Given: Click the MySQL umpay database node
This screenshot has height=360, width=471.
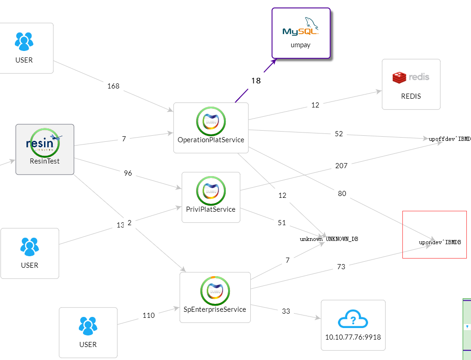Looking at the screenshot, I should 300,33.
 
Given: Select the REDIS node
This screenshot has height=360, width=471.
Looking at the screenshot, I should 411,84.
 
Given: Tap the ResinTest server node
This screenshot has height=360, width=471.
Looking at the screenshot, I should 45,149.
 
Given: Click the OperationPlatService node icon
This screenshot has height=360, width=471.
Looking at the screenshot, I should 211,121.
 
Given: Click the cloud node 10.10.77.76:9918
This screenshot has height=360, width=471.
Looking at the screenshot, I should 353,325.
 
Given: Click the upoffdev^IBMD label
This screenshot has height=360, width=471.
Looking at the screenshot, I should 449,139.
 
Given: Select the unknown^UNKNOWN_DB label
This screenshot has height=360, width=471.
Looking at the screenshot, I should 329,239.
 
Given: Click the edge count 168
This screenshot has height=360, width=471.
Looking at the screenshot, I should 113,86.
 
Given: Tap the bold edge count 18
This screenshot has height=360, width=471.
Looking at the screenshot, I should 256,81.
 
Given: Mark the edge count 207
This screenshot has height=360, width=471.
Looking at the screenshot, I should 341,165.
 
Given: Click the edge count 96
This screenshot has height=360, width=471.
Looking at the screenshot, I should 128,173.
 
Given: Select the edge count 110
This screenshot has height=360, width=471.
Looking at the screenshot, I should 148,316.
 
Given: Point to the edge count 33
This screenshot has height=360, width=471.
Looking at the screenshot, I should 286,311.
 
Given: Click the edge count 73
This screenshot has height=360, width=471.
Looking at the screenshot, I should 341,266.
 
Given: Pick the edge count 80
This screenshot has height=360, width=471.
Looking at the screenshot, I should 342,194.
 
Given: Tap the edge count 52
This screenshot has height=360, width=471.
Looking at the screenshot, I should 339,134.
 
